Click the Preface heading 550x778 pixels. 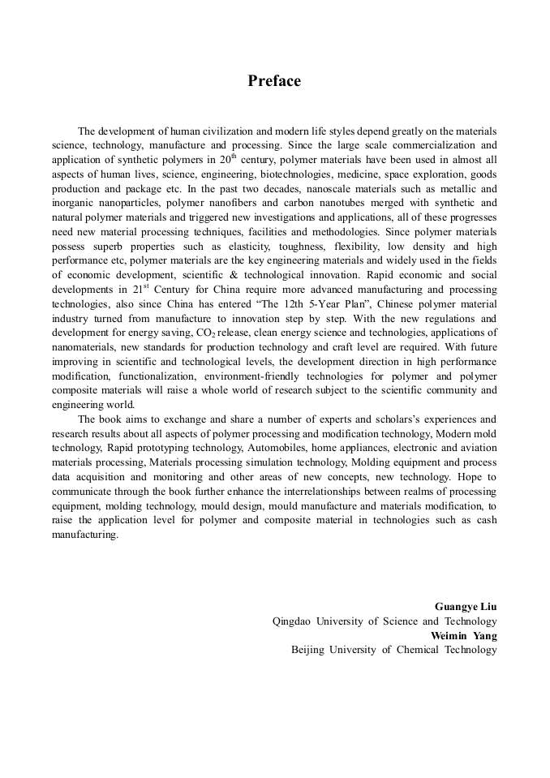274,81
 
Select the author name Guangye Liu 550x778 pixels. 466,607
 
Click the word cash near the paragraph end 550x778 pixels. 483,521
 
